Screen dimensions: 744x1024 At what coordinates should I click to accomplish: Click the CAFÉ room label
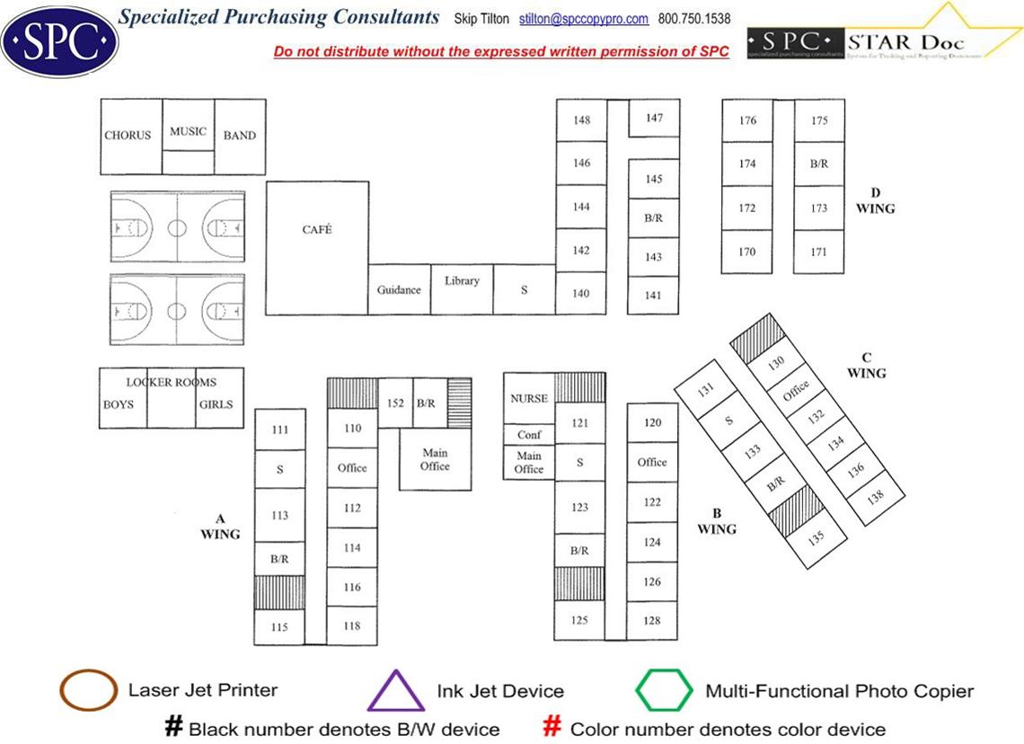point(317,230)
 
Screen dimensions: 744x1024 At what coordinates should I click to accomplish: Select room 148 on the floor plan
point(581,120)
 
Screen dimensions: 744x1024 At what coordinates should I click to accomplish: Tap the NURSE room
point(528,398)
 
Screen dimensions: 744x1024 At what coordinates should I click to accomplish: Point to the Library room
point(462,281)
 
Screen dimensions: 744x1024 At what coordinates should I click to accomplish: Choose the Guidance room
point(399,289)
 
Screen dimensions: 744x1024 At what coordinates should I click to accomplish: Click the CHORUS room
point(128,136)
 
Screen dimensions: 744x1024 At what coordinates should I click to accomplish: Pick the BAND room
point(240,136)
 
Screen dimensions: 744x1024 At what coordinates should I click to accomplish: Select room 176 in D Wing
point(747,120)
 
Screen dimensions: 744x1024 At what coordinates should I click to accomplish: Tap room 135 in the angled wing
point(817,538)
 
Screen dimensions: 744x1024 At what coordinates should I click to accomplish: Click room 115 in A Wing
point(279,627)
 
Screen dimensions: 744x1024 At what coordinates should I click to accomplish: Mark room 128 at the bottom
point(652,621)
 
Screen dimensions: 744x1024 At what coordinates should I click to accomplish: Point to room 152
point(395,403)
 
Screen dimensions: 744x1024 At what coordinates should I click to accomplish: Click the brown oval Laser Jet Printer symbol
point(88,690)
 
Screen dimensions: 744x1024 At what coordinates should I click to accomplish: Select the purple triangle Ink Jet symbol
point(395,692)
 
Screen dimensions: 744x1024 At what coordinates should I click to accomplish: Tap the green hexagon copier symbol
point(665,691)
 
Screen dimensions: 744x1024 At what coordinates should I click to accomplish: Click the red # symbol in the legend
point(553,727)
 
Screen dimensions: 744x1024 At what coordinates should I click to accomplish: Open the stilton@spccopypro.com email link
point(584,19)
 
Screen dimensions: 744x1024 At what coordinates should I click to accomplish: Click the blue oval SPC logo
point(59,40)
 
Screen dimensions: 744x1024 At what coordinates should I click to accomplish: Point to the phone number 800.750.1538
point(694,19)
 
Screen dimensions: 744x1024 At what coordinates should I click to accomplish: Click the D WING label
point(875,200)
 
